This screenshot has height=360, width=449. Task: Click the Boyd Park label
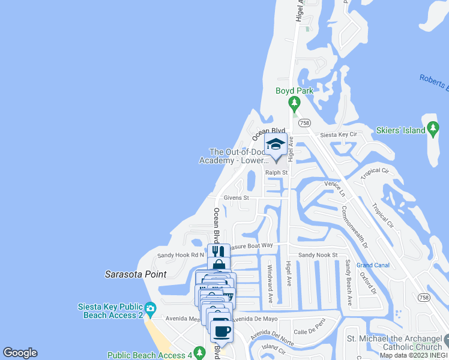point(294,91)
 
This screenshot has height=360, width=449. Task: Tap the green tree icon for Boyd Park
point(294,104)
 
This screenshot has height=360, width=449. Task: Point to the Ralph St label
point(277,173)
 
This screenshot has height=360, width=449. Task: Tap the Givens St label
point(236,197)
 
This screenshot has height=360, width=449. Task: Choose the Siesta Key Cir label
point(338,135)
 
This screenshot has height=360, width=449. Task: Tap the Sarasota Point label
point(135,274)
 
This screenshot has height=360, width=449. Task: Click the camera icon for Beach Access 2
point(150,309)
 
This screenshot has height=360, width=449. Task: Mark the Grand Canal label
point(373,265)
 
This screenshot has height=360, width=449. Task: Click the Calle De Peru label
point(309,331)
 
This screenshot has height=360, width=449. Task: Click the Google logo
point(20,353)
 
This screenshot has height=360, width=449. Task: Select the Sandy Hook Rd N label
point(181,255)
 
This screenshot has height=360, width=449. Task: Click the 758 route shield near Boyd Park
point(304,122)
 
